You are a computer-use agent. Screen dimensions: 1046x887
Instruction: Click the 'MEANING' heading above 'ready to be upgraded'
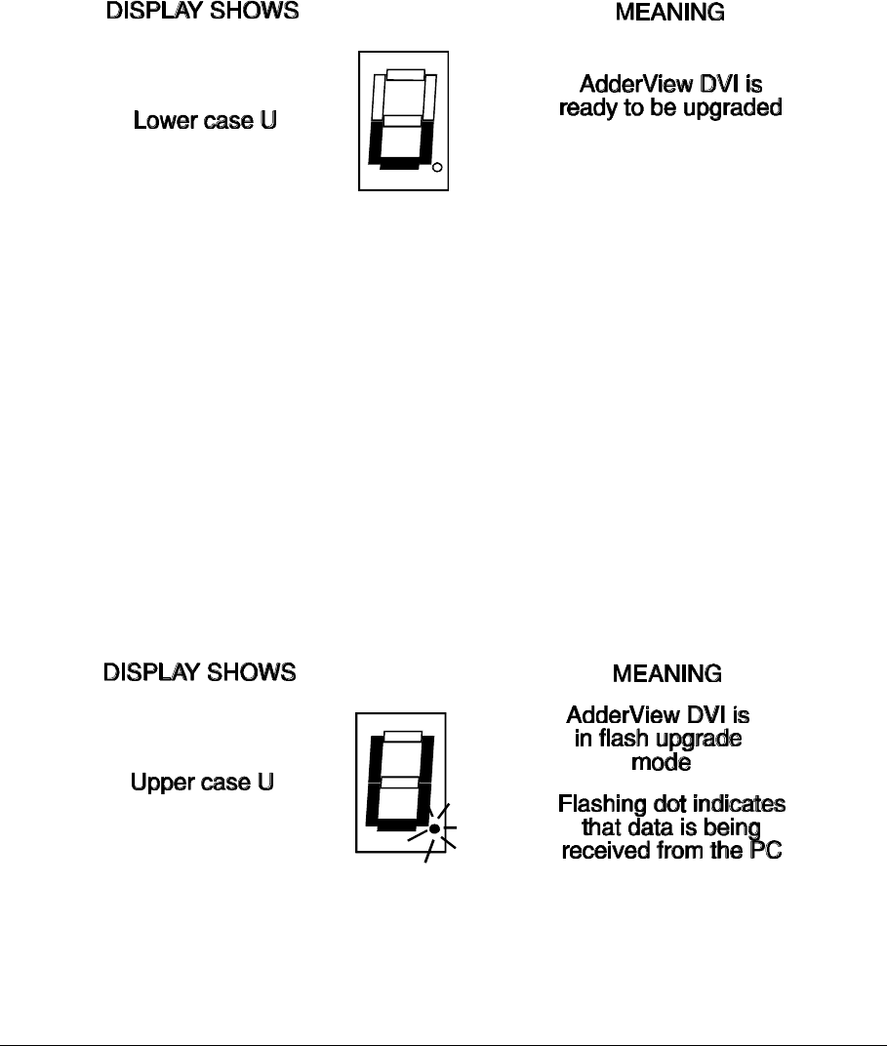click(669, 13)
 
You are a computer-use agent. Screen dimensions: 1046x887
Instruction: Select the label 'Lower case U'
click(205, 122)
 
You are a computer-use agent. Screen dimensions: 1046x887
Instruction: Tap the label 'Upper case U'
click(202, 784)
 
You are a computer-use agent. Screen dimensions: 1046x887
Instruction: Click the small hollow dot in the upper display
click(437, 168)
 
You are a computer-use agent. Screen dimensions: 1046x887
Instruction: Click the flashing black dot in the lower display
click(435, 828)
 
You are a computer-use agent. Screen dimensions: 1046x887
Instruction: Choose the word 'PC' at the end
click(767, 850)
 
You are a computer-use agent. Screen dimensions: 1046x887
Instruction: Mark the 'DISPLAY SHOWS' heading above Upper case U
click(200, 673)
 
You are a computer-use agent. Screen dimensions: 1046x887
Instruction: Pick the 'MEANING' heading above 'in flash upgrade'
click(666, 673)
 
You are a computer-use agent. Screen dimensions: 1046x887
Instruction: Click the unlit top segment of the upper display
click(405, 74)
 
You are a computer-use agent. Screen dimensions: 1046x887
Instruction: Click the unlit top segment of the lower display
click(402, 736)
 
